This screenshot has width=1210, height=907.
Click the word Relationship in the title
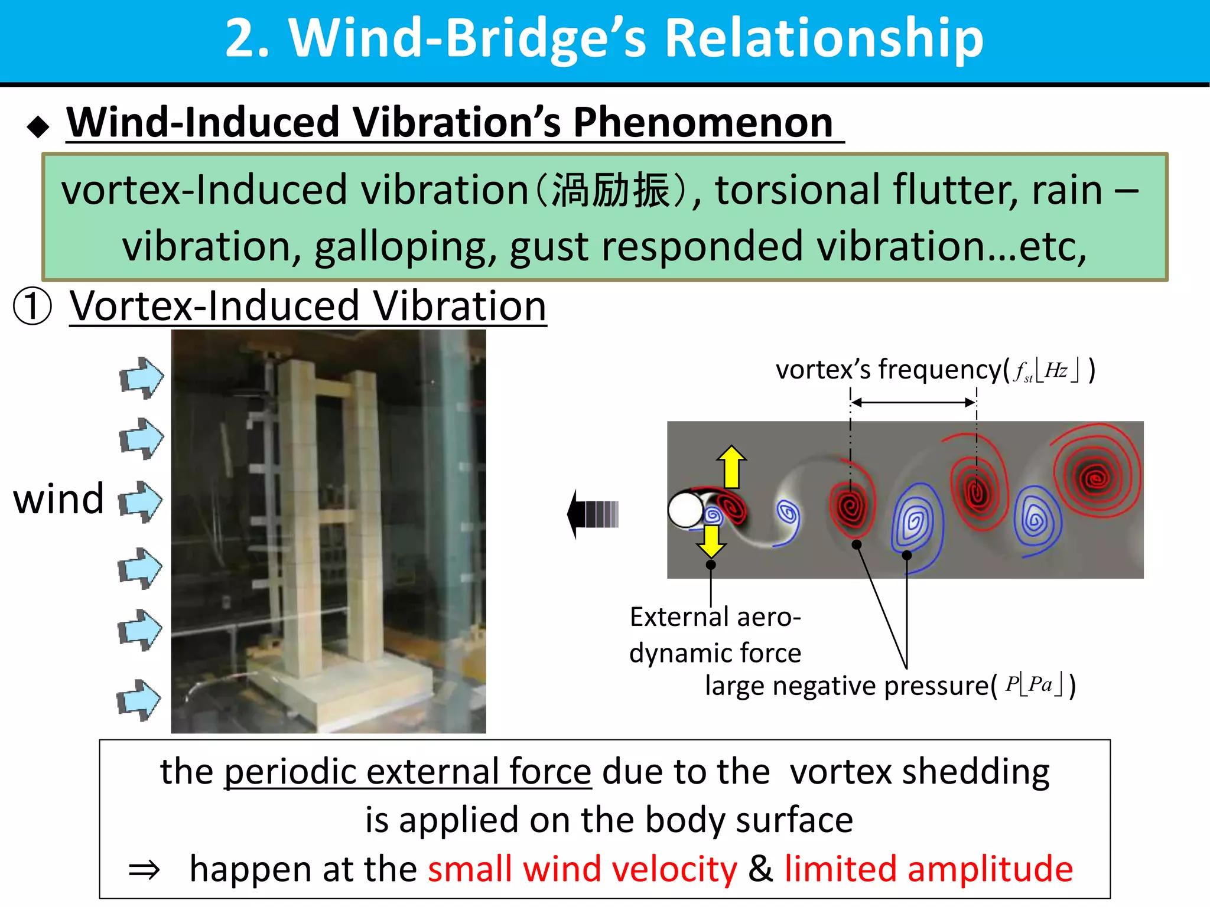pos(824,38)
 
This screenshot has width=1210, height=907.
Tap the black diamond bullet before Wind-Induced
pos(38,126)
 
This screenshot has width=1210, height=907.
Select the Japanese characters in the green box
pos(611,191)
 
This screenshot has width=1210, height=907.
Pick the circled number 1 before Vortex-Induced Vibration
pos(32,306)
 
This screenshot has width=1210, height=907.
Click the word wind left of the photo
pos(58,500)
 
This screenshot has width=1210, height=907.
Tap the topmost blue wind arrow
pos(141,378)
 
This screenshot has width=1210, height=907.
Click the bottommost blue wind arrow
pos(139,700)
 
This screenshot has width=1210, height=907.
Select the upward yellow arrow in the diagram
pos(731,466)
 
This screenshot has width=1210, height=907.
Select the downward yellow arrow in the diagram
pos(711,541)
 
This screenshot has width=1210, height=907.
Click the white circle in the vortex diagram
pos(685,509)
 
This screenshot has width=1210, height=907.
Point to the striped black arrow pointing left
pos(593,514)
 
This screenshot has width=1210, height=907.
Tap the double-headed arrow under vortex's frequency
pos(913,403)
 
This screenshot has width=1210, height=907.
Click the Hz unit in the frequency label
pos(1056,371)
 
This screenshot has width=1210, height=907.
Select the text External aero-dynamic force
pos(715,635)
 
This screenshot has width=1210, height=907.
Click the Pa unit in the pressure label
pos(1040,685)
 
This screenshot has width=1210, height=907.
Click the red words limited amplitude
pos(928,869)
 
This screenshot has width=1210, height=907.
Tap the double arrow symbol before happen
pos(145,870)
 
